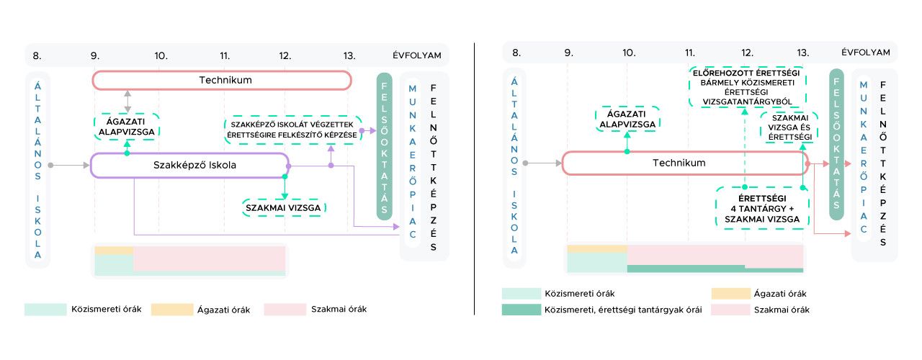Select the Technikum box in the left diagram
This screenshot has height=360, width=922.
[x=222, y=80]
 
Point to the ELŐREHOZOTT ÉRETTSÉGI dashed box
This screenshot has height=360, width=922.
[x=746, y=87]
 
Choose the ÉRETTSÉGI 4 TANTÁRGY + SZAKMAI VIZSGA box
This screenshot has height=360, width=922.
[x=762, y=208]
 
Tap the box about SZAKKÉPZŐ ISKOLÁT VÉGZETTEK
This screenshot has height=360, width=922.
[x=292, y=130]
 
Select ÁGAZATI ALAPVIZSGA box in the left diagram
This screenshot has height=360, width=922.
[x=127, y=127]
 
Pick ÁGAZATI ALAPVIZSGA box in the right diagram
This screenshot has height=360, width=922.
[x=627, y=119]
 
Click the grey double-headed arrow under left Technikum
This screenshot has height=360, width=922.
[x=127, y=101]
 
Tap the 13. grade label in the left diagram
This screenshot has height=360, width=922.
[x=349, y=55]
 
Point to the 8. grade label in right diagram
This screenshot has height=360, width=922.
[x=516, y=53]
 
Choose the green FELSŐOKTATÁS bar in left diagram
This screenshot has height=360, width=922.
[x=385, y=146]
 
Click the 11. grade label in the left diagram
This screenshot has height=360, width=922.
[x=225, y=55]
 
